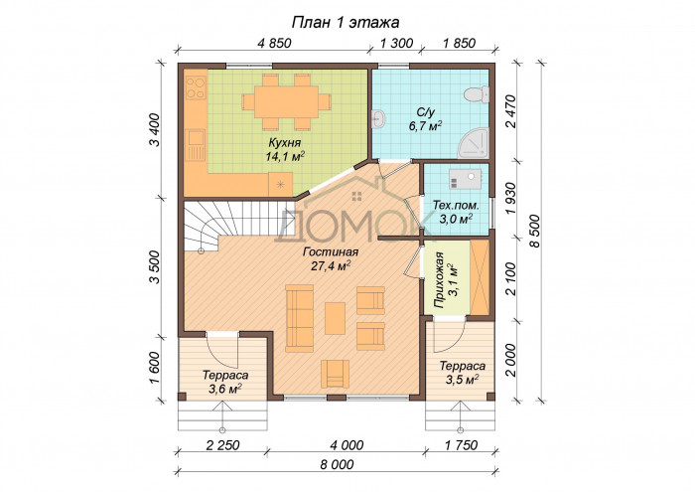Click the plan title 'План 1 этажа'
click(346, 22)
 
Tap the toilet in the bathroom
click(477, 94)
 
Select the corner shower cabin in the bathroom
click(474, 143)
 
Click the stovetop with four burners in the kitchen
click(196, 87)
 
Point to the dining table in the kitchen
click(286, 101)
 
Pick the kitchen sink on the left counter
click(195, 145)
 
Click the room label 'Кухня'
click(285, 143)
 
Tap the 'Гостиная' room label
click(331, 252)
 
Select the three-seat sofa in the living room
click(299, 318)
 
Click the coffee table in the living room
click(336, 318)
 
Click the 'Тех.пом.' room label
click(455, 206)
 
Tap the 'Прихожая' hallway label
click(439, 280)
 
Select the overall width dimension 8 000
click(337, 464)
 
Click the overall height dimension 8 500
click(534, 231)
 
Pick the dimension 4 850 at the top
click(274, 43)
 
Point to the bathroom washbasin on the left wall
click(378, 119)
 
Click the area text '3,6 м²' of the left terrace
click(224, 389)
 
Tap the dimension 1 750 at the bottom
click(460, 444)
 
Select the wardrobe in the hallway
click(480, 277)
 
